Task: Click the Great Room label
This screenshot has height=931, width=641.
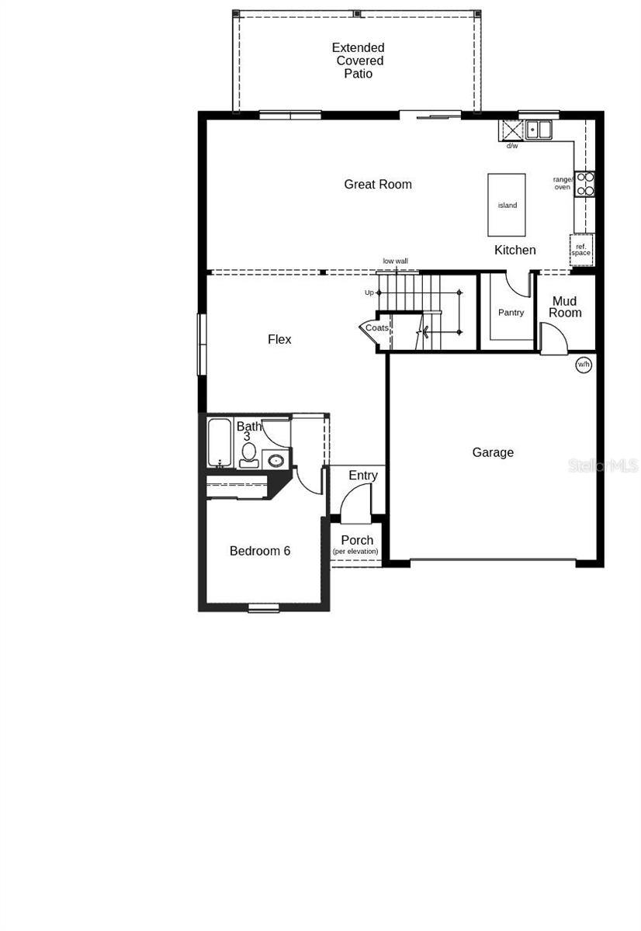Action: [x=378, y=185]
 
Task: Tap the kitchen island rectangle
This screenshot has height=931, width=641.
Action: [x=507, y=205]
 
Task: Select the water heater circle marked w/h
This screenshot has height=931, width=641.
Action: [x=583, y=364]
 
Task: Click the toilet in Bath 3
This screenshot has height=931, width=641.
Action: [x=248, y=454]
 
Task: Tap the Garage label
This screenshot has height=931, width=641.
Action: [x=493, y=452]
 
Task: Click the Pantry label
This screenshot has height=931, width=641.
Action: [x=511, y=313]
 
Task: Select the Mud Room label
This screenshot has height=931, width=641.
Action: [x=565, y=306]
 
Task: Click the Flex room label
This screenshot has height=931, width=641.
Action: [x=279, y=339]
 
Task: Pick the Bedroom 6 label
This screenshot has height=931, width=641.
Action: [x=260, y=551]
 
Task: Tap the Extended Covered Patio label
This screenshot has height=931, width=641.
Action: [x=359, y=61]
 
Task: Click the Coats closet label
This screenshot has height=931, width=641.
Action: [x=377, y=328]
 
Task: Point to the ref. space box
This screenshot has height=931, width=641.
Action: [x=581, y=249]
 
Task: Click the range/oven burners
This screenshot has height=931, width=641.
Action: [x=584, y=183]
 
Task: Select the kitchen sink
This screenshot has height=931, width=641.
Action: [x=539, y=130]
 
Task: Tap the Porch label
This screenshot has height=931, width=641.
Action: [x=357, y=540]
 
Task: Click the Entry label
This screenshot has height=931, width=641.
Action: [x=363, y=476]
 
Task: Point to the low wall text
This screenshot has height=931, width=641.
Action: [x=395, y=261]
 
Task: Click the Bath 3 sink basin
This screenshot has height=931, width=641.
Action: [x=275, y=461]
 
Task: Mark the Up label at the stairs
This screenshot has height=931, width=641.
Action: [x=369, y=292]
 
